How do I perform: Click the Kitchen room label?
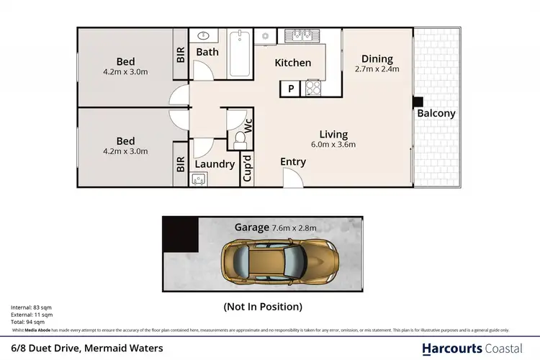[293, 63]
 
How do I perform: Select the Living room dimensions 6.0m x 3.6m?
[334, 144]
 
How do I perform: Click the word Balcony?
[436, 114]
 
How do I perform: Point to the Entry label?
[293, 162]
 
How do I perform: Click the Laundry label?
[215, 164]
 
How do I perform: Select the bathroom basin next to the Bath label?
[204, 35]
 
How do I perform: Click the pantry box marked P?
[291, 89]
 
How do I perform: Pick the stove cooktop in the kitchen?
[314, 88]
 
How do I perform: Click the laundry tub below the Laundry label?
[199, 180]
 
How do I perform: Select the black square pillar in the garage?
[180, 234]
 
